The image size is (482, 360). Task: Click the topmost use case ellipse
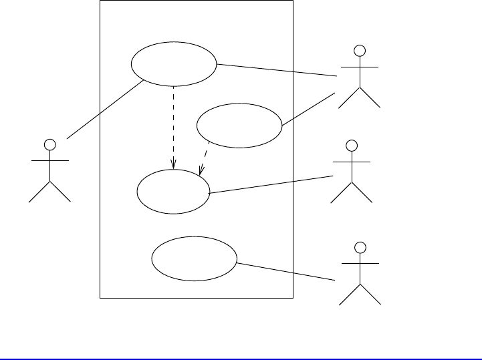(x=174, y=65)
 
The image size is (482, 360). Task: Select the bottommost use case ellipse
(x=195, y=259)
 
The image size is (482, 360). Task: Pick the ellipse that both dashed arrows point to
(x=174, y=190)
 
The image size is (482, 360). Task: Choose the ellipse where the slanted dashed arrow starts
(x=240, y=125)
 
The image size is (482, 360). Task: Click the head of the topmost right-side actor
(x=360, y=50)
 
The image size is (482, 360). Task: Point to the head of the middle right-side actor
(x=351, y=145)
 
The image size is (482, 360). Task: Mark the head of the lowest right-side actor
(x=360, y=248)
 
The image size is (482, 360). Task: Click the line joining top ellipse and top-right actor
(x=276, y=71)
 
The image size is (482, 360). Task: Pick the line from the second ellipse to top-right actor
(x=308, y=109)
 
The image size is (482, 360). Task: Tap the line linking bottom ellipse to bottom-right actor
(x=285, y=271)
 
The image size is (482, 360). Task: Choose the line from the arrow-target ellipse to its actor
(x=271, y=184)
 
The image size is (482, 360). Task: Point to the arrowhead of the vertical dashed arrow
(x=174, y=166)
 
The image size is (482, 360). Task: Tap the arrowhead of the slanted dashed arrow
(x=202, y=172)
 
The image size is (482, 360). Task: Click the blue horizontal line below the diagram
(x=241, y=359)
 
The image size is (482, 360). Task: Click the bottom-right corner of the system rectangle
(x=293, y=298)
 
